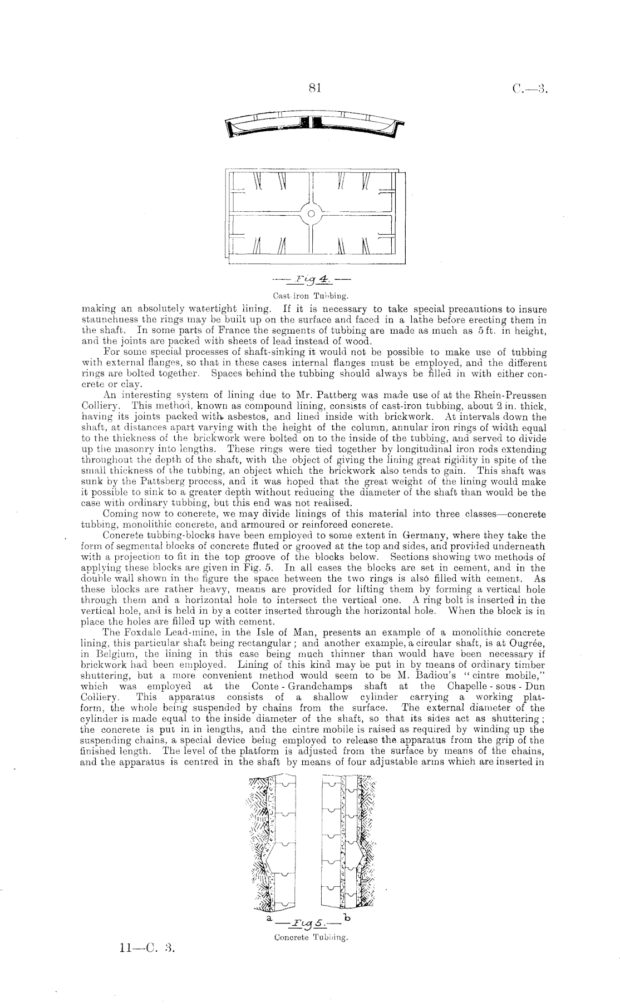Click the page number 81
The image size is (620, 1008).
(x=315, y=89)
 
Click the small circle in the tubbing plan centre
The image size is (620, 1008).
(x=312, y=214)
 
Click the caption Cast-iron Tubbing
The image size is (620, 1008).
(x=312, y=296)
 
